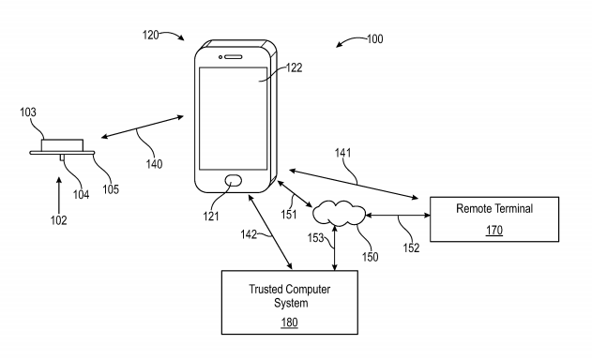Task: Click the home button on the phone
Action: point(234,181)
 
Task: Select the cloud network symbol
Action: point(340,214)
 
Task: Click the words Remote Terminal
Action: point(493,209)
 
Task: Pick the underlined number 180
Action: point(291,321)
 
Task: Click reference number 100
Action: point(373,39)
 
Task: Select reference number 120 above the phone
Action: point(150,35)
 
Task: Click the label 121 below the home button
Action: point(212,217)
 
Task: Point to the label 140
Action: point(154,164)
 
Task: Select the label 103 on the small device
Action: point(28,112)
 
